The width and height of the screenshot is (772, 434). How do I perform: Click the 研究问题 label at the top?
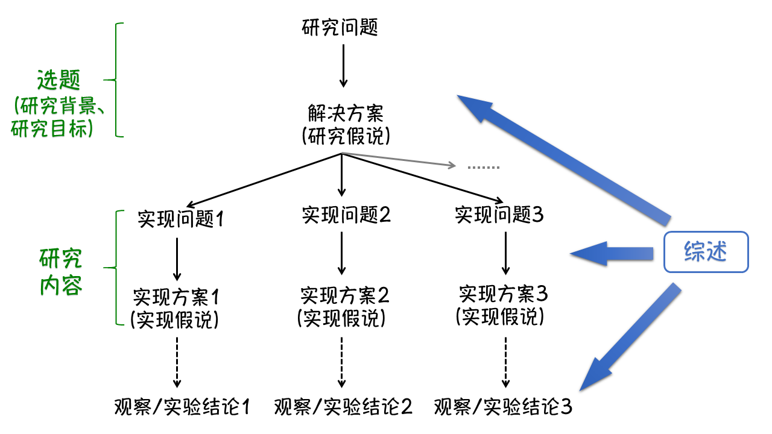point(340,27)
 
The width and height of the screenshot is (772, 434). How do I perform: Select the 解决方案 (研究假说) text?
point(345,124)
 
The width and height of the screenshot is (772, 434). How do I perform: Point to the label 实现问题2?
point(346,215)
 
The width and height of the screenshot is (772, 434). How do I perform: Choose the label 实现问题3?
point(499,215)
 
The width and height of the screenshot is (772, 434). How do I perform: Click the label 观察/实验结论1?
point(182,407)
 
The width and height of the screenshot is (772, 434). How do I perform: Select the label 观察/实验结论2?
point(343,407)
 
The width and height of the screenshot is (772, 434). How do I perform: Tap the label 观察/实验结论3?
point(503,407)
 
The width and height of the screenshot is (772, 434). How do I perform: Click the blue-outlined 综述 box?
point(706,252)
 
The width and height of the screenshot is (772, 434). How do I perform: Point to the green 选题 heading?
point(59,80)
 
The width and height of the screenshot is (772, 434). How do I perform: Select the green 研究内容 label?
point(61,271)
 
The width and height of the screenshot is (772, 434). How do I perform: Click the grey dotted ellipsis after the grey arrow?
point(484,166)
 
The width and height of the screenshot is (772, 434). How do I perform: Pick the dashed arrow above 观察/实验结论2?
point(342,362)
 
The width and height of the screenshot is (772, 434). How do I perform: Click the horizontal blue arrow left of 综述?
point(612,253)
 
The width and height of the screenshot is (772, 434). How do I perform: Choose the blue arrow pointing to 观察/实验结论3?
point(630,338)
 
